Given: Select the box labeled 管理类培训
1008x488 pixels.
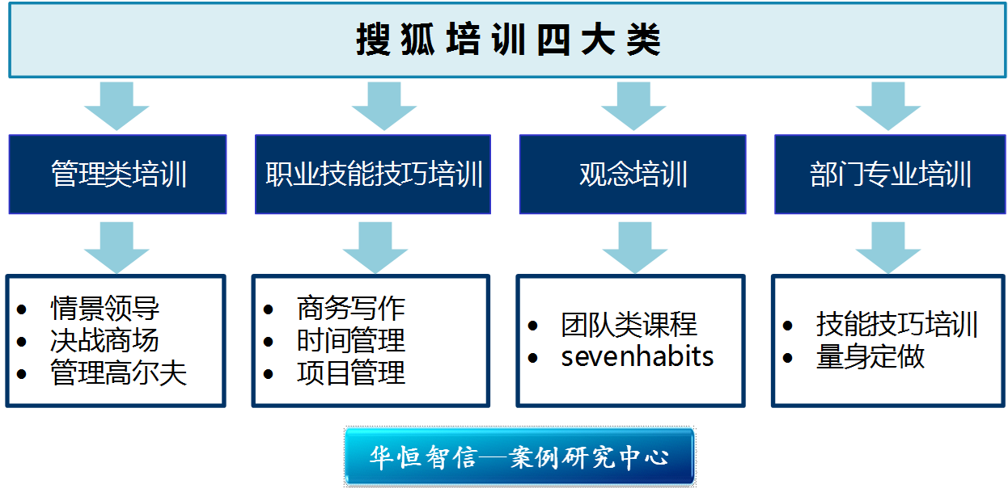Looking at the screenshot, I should (118, 175).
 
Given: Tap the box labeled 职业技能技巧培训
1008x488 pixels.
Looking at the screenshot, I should (374, 175).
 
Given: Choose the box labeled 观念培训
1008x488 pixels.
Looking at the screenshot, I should (633, 175).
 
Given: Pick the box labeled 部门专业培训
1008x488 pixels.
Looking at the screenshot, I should (890, 175).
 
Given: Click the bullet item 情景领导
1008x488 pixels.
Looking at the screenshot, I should (105, 308).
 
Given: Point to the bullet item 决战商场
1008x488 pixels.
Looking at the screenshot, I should (105, 340).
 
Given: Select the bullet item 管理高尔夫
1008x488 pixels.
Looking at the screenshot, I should (118, 373).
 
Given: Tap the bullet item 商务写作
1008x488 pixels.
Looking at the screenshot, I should (351, 308).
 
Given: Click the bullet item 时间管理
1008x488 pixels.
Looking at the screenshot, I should (351, 340).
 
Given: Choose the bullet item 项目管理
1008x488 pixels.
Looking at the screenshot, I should (351, 373).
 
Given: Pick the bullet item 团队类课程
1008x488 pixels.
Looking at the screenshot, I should (629, 325).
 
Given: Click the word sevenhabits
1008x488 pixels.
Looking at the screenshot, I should (637, 356).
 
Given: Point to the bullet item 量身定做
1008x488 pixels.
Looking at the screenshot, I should (870, 357).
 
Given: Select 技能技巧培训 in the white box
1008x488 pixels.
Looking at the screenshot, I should (897, 325).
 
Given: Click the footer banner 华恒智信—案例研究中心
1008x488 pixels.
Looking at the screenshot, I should (519, 456).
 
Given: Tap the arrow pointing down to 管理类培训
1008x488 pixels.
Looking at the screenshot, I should (116, 105).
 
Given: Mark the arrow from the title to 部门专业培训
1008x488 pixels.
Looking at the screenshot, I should (888, 105).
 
